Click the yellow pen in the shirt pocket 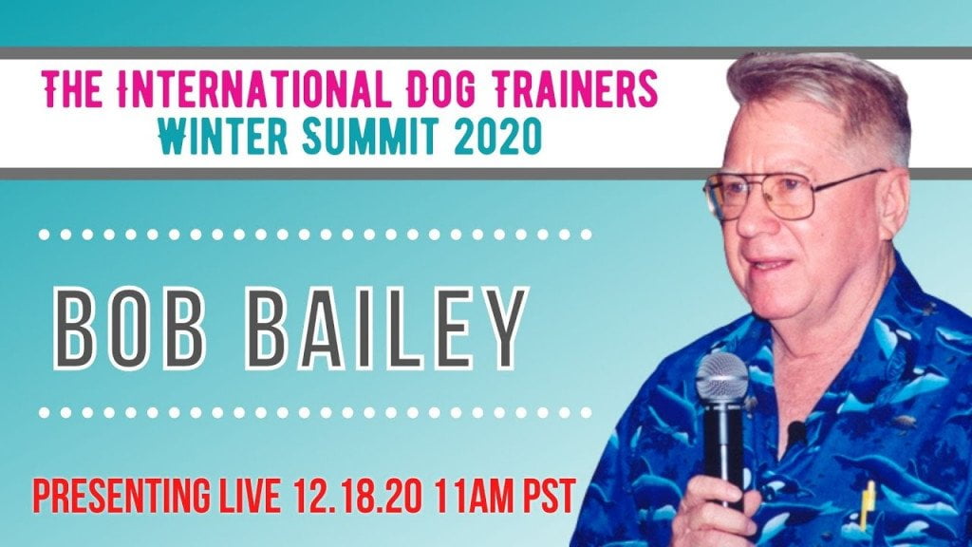point(868,504)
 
